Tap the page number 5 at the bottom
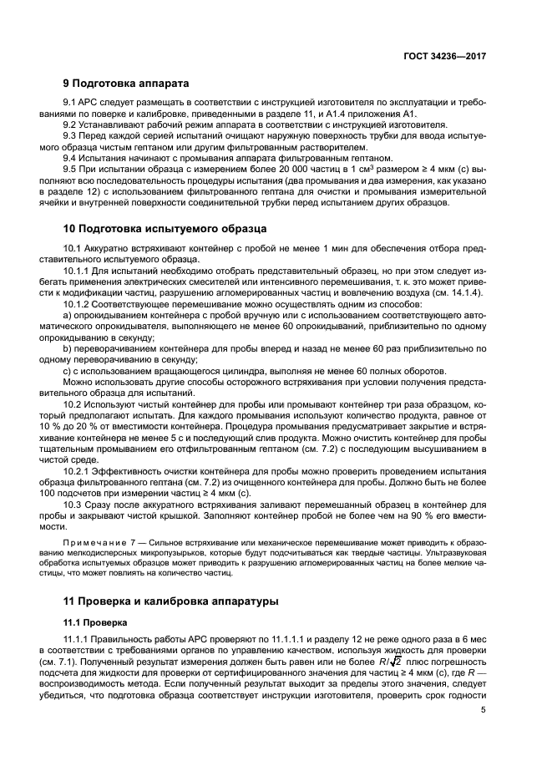click(484, 710)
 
